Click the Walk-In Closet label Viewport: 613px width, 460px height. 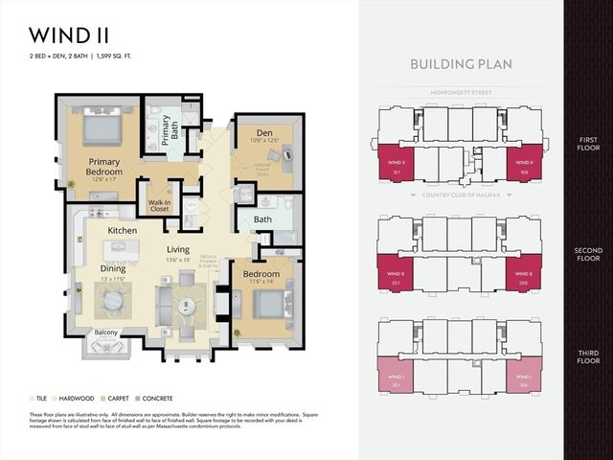coord(159,205)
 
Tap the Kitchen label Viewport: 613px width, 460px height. coord(123,231)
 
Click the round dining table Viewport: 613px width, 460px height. coord(114,301)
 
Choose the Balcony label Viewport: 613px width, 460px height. coord(106,333)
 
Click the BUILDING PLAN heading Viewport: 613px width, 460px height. coord(461,64)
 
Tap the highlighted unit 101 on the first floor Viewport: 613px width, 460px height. coord(396,164)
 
